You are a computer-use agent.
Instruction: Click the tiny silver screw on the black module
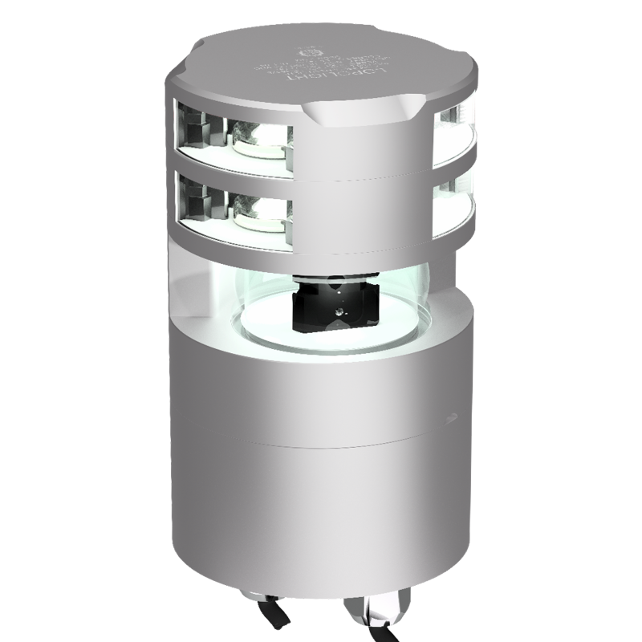339,309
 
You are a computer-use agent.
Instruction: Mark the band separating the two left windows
233,167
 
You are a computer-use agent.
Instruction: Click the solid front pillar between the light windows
365,193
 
